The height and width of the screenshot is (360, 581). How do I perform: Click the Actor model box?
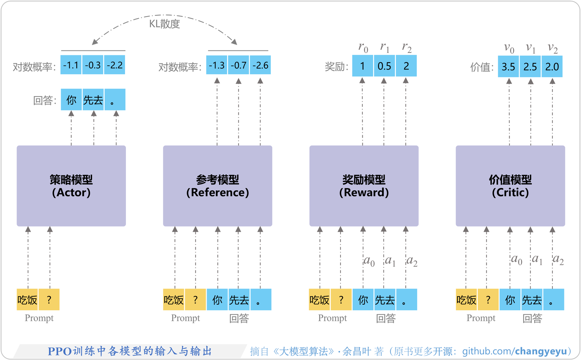[71, 186]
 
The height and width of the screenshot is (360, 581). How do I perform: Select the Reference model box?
[217, 186]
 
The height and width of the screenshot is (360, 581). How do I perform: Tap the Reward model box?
[364, 186]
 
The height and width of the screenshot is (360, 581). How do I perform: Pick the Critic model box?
[510, 186]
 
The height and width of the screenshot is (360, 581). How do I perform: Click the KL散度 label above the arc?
[164, 24]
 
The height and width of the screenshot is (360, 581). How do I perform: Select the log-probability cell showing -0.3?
[93, 65]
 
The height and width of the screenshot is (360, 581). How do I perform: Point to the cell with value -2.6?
[260, 65]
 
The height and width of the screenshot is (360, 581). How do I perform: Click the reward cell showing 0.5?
[384, 66]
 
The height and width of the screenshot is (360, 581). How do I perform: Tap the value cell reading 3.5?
[508, 67]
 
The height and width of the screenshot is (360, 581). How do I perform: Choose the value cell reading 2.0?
[552, 67]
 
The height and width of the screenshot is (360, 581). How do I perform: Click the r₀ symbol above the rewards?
[363, 48]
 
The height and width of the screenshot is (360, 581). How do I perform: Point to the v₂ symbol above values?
[552, 48]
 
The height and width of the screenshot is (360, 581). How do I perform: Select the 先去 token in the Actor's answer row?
[93, 100]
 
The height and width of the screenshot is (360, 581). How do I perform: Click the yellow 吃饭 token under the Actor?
[27, 300]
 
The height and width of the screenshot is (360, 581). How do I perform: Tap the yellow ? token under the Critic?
[488, 300]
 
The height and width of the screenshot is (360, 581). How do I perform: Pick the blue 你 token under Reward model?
[363, 300]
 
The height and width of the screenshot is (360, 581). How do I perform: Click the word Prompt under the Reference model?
[185, 318]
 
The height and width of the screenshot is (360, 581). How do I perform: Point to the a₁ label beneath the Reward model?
[390, 261]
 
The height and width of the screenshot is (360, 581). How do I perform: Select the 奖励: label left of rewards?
[336, 67]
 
